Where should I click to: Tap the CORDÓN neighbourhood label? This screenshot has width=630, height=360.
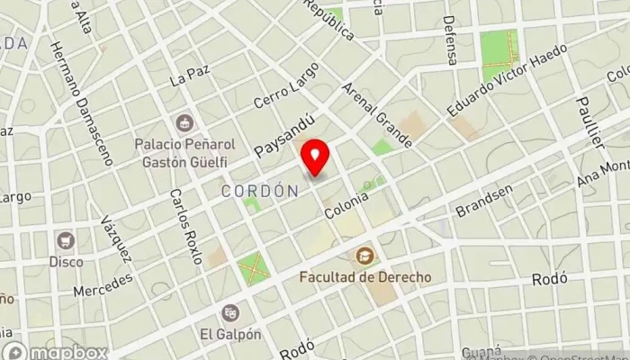tap(259, 191)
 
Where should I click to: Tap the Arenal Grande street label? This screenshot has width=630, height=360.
tap(377, 115)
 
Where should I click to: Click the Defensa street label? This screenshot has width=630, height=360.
tap(450, 40)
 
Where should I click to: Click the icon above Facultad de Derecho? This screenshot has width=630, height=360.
tap(365, 256)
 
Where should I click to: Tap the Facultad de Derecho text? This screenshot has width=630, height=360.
tap(365, 276)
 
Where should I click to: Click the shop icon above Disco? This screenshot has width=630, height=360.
tap(65, 240)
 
